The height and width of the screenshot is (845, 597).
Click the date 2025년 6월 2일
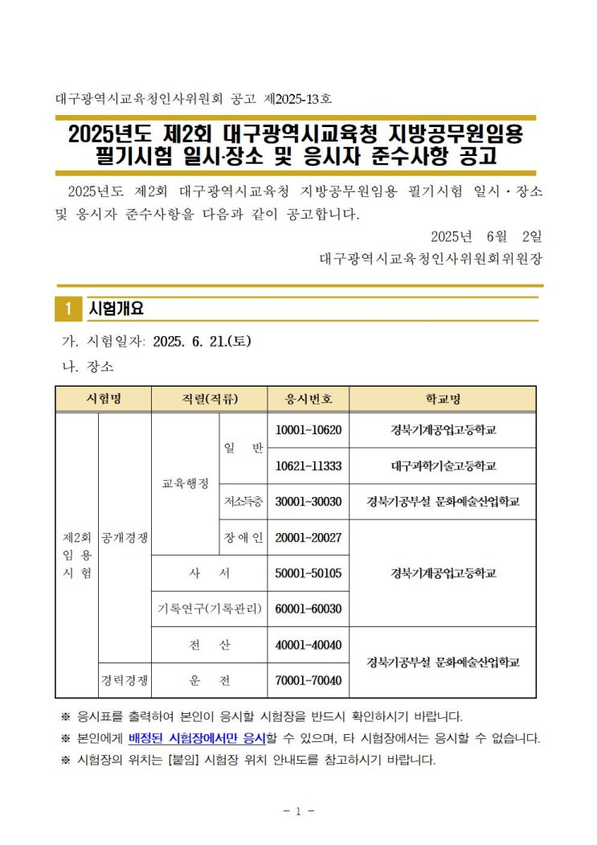click(487, 236)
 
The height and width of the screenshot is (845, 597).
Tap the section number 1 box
click(69, 309)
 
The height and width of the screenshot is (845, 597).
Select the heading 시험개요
click(117, 309)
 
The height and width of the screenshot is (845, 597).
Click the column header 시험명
click(103, 399)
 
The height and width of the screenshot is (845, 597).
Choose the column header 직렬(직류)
click(209, 399)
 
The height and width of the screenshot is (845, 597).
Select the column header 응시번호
click(308, 399)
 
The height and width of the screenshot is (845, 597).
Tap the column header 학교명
click(443, 399)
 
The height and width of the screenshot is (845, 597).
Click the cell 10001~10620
click(308, 430)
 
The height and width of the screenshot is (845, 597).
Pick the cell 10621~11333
click(308, 466)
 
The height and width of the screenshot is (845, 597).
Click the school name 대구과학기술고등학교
click(443, 466)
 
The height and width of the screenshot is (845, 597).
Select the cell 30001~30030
click(308, 502)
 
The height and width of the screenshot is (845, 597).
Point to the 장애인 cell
click(243, 537)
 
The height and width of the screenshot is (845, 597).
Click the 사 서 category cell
click(209, 573)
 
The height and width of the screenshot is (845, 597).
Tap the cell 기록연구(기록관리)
click(209, 609)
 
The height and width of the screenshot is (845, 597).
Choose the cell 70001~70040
click(308, 680)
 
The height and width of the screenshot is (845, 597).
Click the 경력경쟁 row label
click(125, 680)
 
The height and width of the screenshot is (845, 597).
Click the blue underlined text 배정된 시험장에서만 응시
click(197, 737)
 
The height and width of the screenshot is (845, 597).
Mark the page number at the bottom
click(298, 811)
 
